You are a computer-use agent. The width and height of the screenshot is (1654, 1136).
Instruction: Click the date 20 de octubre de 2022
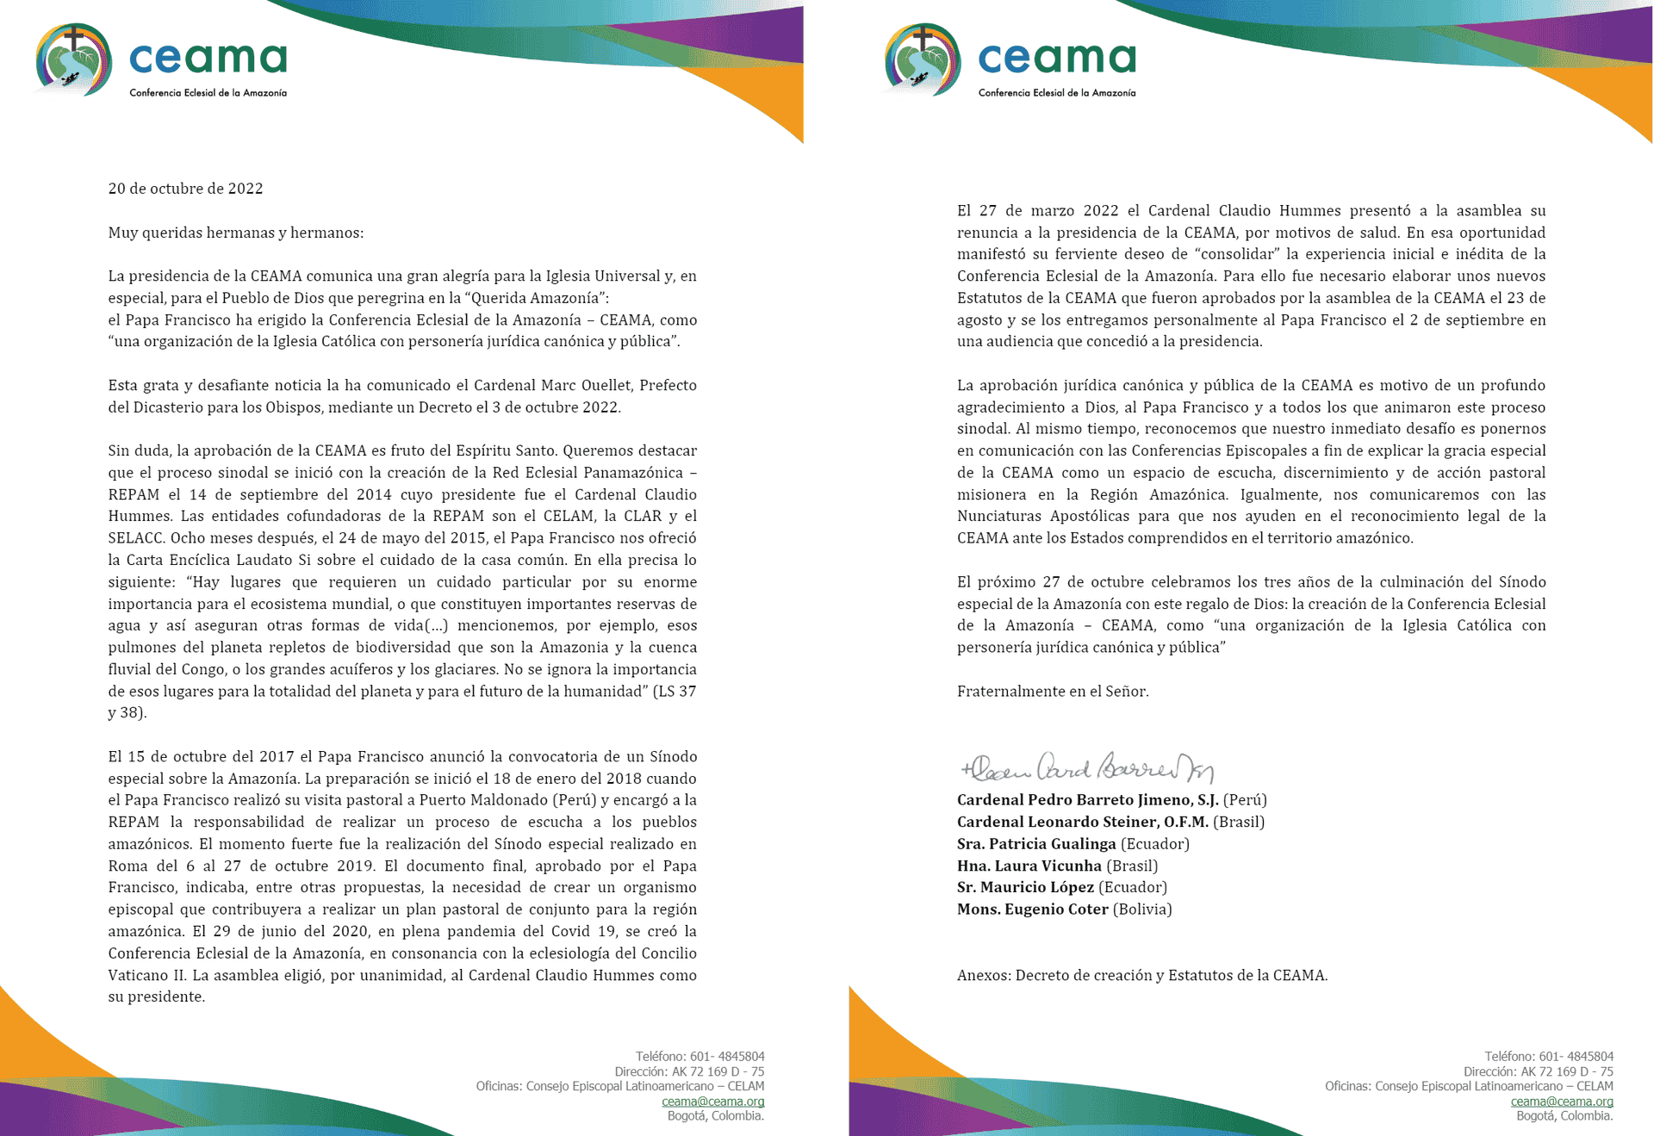pos(185,189)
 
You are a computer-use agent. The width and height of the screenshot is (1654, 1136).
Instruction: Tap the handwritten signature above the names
pos(1087,767)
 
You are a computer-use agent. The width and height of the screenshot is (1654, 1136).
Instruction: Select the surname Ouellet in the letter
pos(603,385)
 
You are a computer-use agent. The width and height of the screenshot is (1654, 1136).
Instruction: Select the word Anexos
pos(983,975)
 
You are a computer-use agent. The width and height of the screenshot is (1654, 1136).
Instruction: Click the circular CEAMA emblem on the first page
pos(74,59)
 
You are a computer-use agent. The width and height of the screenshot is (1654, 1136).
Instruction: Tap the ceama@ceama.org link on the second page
pos(1561,1101)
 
